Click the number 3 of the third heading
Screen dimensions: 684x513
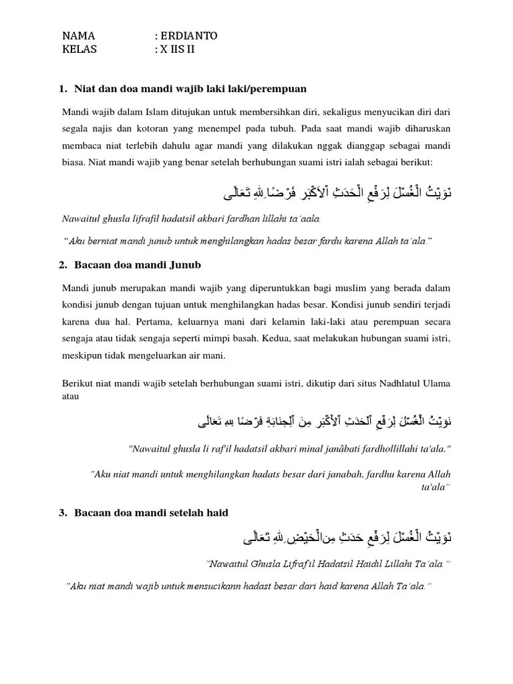[x=63, y=512]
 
